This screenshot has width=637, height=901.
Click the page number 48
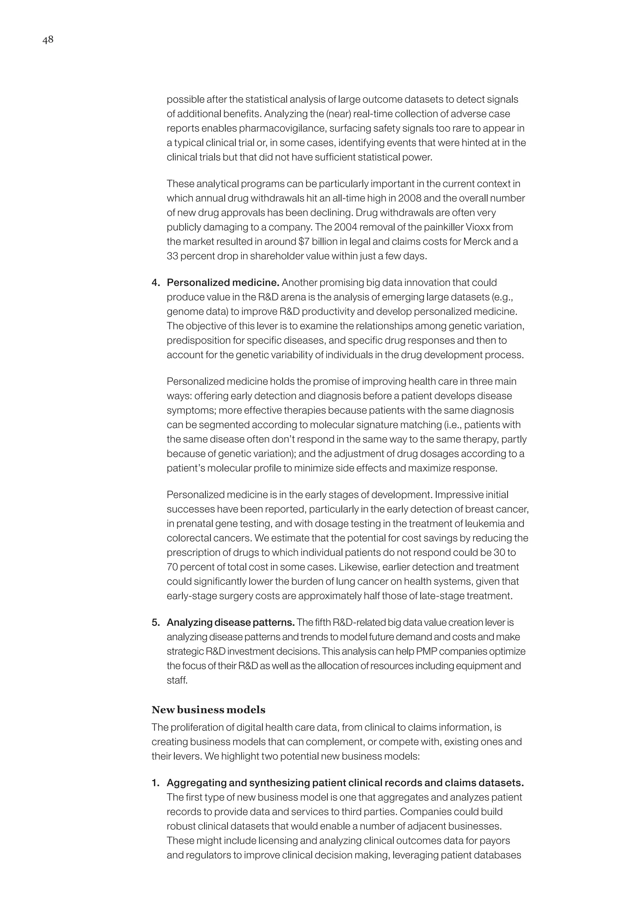(48, 40)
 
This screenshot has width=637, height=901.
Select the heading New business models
(208, 710)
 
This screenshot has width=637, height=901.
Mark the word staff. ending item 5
(177, 680)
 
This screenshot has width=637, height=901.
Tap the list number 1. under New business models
(156, 783)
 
